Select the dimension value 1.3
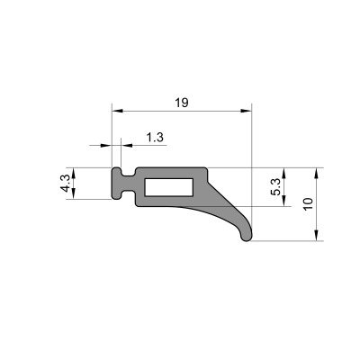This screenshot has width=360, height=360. [154, 137]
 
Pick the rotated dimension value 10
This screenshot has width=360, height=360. [308, 203]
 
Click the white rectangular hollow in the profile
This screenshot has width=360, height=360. [168, 187]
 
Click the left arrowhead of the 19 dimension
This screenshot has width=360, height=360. [115, 112]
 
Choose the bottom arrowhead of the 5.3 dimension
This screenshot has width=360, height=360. [285, 202]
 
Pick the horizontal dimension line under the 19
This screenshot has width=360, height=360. [180, 112]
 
